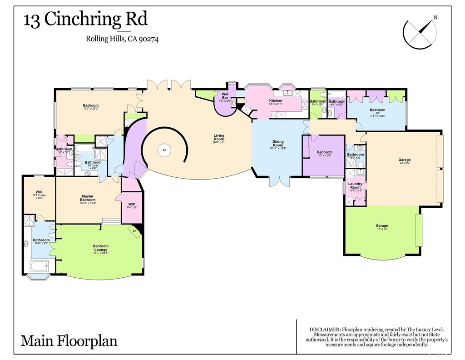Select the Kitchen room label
[x=276, y=101]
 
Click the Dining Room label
[x=277, y=143]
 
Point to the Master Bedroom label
[x=88, y=198]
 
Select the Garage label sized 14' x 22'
[x=381, y=226]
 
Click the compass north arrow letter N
[x=435, y=18]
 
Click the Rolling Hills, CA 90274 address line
[x=122, y=39]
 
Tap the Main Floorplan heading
[x=69, y=340]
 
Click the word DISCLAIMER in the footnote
[x=325, y=329]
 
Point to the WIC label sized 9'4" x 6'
[x=132, y=204]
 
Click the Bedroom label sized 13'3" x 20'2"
[x=91, y=106]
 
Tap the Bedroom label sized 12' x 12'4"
[x=324, y=152]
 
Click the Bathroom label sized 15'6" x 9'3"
[x=41, y=240]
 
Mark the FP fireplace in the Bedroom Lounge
[x=135, y=231]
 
